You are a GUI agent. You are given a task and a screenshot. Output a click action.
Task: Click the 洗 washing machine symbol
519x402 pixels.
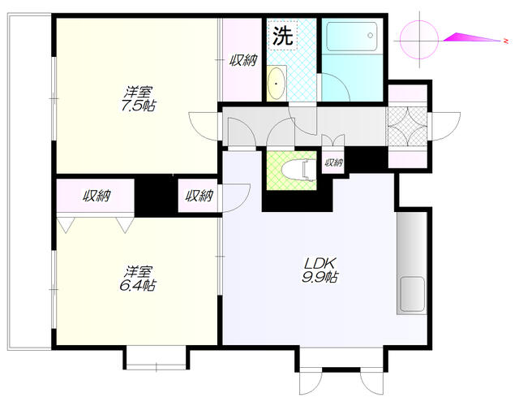pyautogui.click(x=283, y=36)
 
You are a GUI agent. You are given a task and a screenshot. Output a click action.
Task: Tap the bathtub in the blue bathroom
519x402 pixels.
pyautogui.click(x=351, y=37)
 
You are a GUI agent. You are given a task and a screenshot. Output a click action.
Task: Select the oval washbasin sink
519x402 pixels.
pyautogui.click(x=276, y=83)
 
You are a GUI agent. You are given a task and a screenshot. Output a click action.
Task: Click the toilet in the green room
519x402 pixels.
pyautogui.click(x=299, y=170)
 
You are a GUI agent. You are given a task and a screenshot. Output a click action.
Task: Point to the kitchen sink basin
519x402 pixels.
pyautogui.click(x=412, y=294)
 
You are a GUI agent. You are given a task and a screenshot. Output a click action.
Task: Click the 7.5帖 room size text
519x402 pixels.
pyautogui.click(x=139, y=106)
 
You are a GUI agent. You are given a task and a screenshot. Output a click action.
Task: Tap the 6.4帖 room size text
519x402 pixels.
pyautogui.click(x=138, y=285)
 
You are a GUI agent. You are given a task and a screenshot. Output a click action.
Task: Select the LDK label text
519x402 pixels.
pyautogui.click(x=320, y=263)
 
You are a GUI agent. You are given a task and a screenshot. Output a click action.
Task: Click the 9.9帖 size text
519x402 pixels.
pyautogui.click(x=320, y=277)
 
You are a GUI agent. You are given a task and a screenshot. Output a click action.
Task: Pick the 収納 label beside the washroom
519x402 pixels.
pyautogui.click(x=243, y=60)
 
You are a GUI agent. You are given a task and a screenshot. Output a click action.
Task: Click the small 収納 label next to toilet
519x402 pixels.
pyautogui.click(x=333, y=162)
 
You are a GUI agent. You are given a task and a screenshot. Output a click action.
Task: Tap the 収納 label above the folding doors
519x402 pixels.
pyautogui.click(x=97, y=196)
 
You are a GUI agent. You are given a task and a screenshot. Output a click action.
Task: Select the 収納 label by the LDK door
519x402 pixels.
pyautogui.click(x=199, y=196)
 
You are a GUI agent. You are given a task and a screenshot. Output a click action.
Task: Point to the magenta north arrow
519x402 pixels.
pyautogui.click(x=471, y=37)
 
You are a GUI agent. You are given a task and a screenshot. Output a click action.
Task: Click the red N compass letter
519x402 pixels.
pyautogui.click(x=506, y=41)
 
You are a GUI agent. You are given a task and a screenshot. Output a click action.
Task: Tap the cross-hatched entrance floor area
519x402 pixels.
pyautogui.click(x=407, y=126)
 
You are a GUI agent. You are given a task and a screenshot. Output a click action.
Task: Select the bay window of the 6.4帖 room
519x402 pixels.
pyautogui.click(x=157, y=357)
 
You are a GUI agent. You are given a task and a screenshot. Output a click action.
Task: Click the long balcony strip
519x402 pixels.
pyautogui.click(x=29, y=182)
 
